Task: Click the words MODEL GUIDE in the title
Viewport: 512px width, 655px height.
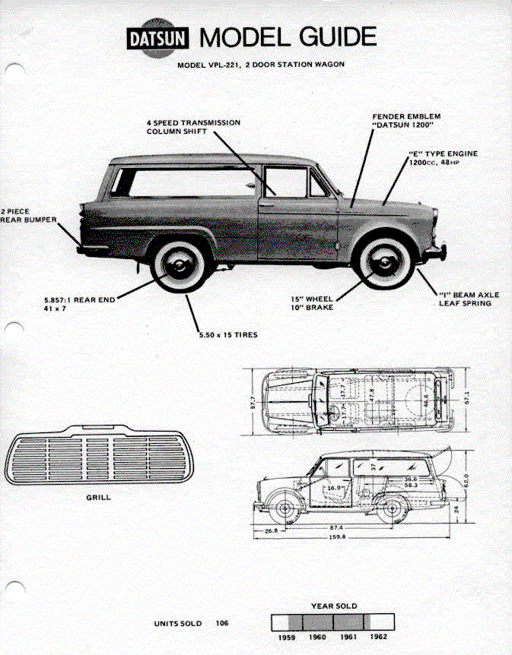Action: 288,36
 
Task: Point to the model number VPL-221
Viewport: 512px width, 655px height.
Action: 231,65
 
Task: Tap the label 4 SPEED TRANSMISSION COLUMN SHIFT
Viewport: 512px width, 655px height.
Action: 193,127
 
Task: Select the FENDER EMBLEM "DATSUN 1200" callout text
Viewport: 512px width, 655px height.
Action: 406,121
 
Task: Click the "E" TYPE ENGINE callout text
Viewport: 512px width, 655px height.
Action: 443,157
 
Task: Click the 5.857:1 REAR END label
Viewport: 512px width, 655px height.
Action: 79,304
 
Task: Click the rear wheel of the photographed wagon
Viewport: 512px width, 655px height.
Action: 180,265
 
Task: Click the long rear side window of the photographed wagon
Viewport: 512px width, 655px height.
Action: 187,182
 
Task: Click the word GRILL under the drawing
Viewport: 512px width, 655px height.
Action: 98,497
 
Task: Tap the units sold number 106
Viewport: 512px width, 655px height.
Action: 221,623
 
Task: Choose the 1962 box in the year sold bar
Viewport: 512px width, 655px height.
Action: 377,622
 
